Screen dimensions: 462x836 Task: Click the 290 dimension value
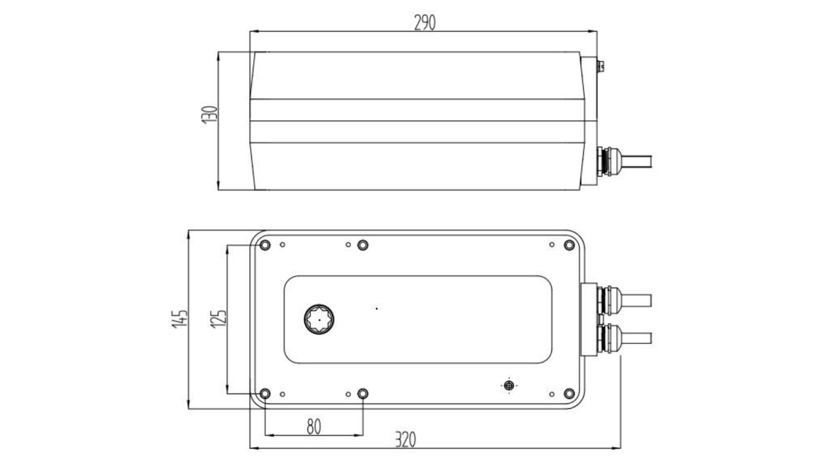click(425, 23)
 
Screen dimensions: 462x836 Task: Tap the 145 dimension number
click(180, 319)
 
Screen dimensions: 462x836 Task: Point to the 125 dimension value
click(219, 319)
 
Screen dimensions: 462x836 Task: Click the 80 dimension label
click(314, 427)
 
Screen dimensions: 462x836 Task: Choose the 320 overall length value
click(406, 440)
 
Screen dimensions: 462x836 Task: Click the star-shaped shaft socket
click(319, 319)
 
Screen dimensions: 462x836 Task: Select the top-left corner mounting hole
click(264, 245)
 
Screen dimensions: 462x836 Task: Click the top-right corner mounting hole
click(569, 245)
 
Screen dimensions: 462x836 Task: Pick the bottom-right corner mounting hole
click(569, 393)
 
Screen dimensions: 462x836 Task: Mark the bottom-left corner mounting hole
click(264, 393)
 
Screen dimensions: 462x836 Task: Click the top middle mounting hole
click(363, 245)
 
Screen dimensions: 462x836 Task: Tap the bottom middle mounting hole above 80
click(363, 393)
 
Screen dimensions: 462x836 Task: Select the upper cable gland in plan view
click(609, 301)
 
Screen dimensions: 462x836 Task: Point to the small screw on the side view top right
click(601, 65)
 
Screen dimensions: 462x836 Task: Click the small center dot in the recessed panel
click(377, 308)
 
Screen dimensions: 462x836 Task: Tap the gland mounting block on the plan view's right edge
click(588, 319)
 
